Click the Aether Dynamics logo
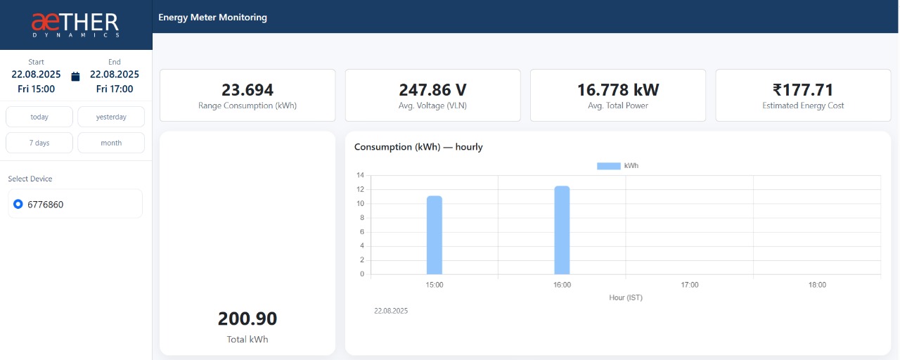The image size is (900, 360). coord(75,25)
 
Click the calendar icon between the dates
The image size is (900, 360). coord(76,76)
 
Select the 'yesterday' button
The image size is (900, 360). coord(111,117)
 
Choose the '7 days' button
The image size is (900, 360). coord(39,143)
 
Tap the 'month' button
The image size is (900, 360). coord(111,143)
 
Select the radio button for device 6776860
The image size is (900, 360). coord(18,204)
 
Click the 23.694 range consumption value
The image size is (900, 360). coord(247,90)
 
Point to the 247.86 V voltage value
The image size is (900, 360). coord(432,90)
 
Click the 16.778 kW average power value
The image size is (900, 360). coord(617,90)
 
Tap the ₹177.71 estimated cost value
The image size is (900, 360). coord(802,90)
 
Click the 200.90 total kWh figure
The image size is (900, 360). coord(247,319)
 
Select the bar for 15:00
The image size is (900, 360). coord(435,235)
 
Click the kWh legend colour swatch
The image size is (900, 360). coord(608,166)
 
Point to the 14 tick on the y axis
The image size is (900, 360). coord(361,175)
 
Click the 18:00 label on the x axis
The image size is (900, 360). coord(817,285)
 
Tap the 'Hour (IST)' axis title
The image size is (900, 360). coord(625,297)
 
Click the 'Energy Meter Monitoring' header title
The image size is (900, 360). coord(212,17)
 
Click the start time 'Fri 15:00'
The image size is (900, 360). coord(36,89)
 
